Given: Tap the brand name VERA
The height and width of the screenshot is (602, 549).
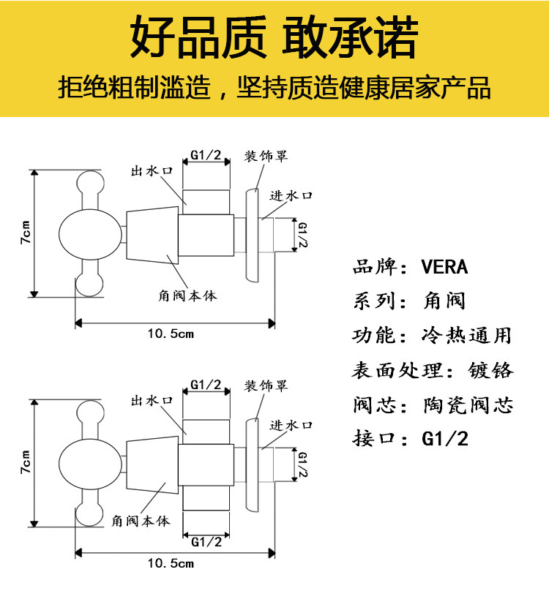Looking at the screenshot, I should pos(444,266).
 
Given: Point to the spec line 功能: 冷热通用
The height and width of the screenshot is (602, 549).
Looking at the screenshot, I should pos(431,336).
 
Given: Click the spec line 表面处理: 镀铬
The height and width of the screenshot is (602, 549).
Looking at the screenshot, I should pos(432,370).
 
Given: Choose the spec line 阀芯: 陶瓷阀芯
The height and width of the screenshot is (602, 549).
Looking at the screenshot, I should pos(432,405).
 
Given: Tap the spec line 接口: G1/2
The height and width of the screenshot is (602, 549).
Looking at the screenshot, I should pos(410,439).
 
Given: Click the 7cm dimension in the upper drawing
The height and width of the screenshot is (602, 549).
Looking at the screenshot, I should pos(25,233).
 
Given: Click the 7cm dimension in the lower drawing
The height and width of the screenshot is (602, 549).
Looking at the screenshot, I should pos(25,462).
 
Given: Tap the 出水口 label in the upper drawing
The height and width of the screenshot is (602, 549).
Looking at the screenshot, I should pos(152,171).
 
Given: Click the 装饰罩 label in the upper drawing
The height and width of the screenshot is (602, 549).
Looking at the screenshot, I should pos(266,157).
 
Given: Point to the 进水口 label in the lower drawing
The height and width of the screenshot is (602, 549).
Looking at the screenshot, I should pos(291,425).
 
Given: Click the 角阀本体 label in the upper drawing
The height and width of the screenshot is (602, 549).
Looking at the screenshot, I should pos(187,296).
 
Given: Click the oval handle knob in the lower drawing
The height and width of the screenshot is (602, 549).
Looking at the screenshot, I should pos(80,464).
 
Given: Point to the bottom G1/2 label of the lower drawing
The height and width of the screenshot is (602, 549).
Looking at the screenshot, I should pos(206,542).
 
